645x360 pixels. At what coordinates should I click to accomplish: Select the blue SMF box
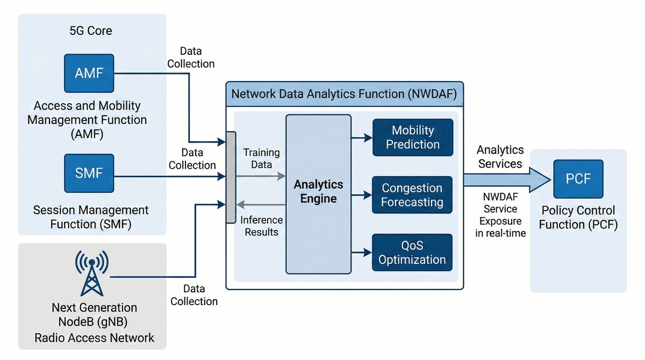coord(89,173)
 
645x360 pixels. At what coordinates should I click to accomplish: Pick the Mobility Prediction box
coord(412,138)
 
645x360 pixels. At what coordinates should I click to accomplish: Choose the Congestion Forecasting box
coord(412,195)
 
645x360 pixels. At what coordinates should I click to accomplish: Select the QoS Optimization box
coord(412,253)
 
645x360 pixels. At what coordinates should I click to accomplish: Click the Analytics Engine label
coord(318,192)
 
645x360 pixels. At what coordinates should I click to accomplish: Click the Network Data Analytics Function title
coord(343,94)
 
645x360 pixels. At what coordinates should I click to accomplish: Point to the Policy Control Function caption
coord(578,217)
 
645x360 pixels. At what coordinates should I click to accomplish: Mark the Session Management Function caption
coord(90,216)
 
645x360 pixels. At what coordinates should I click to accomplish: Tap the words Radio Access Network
coord(95,338)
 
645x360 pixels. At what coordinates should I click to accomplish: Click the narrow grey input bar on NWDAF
coord(231,177)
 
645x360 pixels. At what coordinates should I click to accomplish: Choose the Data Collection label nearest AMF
coord(191,57)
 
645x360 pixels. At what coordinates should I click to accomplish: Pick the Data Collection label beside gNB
coord(194,295)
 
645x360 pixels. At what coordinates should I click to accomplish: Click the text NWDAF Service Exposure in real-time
coord(500,214)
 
